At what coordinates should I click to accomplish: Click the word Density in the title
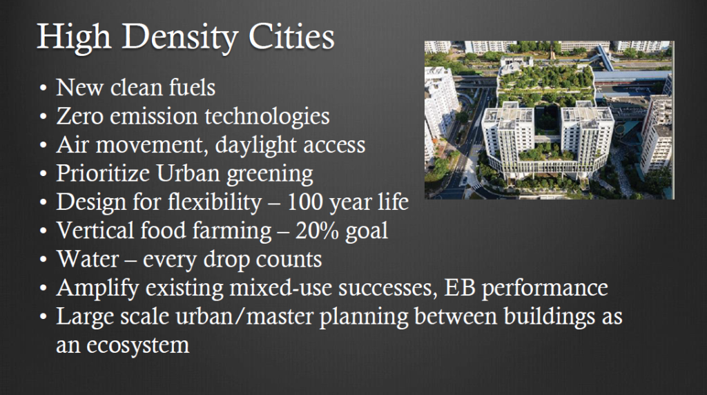[x=180, y=37]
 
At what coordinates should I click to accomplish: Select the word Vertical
[x=95, y=230]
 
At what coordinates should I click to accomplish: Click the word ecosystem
[x=138, y=346]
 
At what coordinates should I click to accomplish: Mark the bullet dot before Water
[x=43, y=260]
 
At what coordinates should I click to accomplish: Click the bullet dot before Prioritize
[x=43, y=174]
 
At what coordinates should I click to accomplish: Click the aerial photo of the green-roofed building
[x=549, y=120]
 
